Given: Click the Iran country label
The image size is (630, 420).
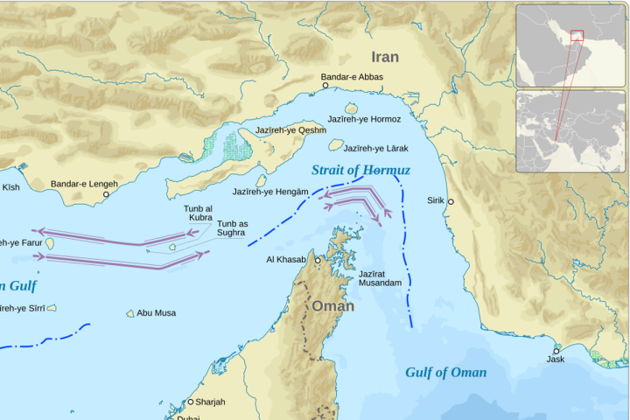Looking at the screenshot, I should (385, 57).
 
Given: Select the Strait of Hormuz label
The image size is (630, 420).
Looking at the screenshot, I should (360, 170).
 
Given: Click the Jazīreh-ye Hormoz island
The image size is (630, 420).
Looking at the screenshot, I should (351, 108).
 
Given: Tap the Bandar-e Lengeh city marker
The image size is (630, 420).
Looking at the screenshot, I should (107, 194).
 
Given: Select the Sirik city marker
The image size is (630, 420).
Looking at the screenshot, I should (451, 201).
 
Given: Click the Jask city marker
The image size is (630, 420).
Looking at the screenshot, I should (556, 351).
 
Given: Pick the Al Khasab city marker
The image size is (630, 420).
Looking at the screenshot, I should (317, 260).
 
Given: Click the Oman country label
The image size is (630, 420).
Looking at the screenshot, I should (333, 306).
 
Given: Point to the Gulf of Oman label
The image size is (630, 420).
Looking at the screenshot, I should (445, 373).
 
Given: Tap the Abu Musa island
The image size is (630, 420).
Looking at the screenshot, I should (130, 313).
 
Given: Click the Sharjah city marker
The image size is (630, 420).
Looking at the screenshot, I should (190, 402).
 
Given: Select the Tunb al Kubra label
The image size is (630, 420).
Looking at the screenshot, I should (198, 212).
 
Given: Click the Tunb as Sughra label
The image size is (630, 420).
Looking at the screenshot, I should (232, 228).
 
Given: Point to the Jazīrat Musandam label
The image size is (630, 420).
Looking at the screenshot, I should (380, 279).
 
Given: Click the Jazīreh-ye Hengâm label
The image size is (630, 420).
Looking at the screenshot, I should (270, 191).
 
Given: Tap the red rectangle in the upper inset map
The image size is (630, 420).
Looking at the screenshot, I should (576, 35).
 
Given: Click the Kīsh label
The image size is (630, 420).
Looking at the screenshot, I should (10, 187).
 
